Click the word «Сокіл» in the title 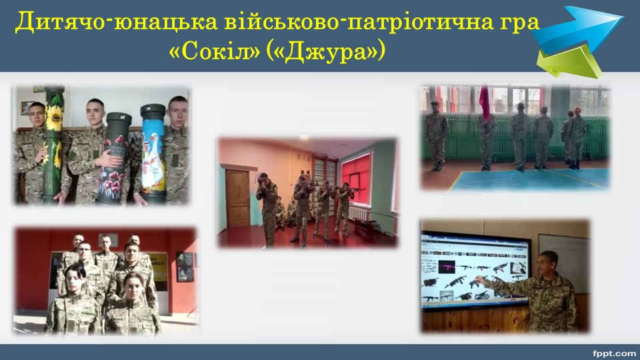(x=214, y=51)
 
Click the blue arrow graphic (x=579, y=28)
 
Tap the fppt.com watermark (x=614, y=353)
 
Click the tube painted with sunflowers (x=53, y=143)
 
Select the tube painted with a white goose (x=153, y=153)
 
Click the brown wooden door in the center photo (x=237, y=199)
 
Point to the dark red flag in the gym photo (x=485, y=103)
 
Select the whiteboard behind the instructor (x=565, y=261)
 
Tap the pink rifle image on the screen (x=447, y=267)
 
